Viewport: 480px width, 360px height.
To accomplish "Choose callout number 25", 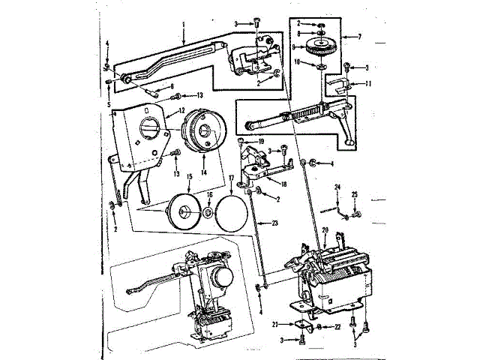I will pos(355,196).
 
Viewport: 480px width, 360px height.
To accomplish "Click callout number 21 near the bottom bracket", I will pos(275,324).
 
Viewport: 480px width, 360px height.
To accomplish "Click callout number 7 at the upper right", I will pos(361,36).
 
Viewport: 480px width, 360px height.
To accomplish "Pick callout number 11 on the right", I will pos(367,84).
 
